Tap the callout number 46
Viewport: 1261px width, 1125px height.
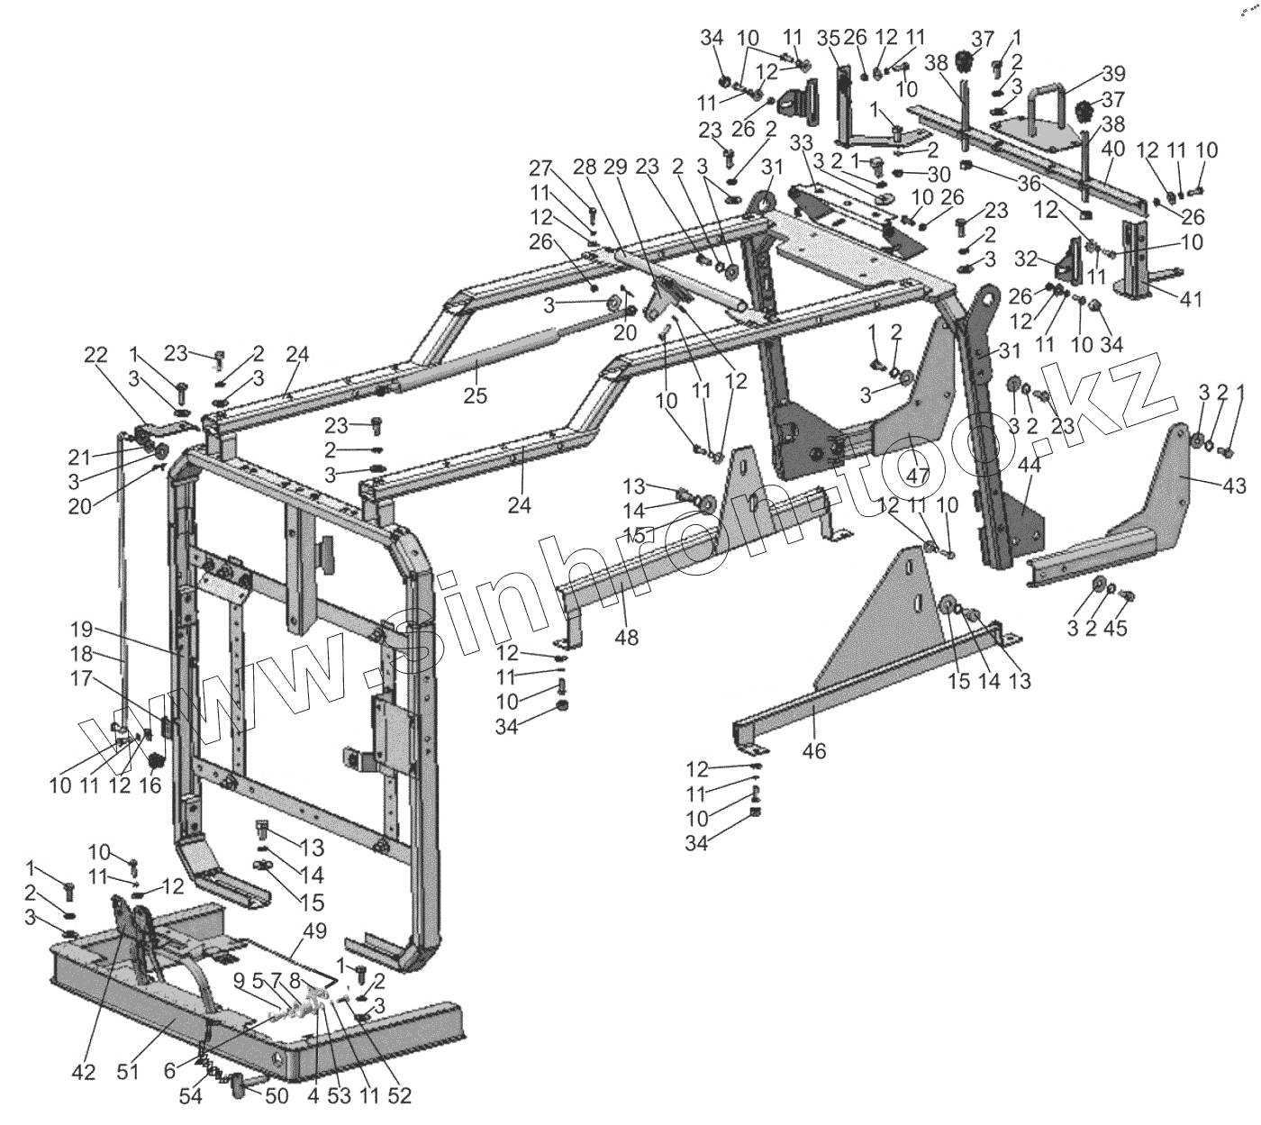click(814, 749)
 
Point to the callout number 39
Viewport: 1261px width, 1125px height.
click(1113, 73)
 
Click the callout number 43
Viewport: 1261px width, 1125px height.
click(1235, 486)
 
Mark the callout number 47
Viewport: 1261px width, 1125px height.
click(917, 476)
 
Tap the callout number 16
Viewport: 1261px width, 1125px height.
click(149, 785)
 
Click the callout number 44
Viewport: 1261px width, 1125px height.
click(1029, 465)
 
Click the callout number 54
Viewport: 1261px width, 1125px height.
click(190, 1096)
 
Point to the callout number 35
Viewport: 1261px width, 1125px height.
click(828, 38)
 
